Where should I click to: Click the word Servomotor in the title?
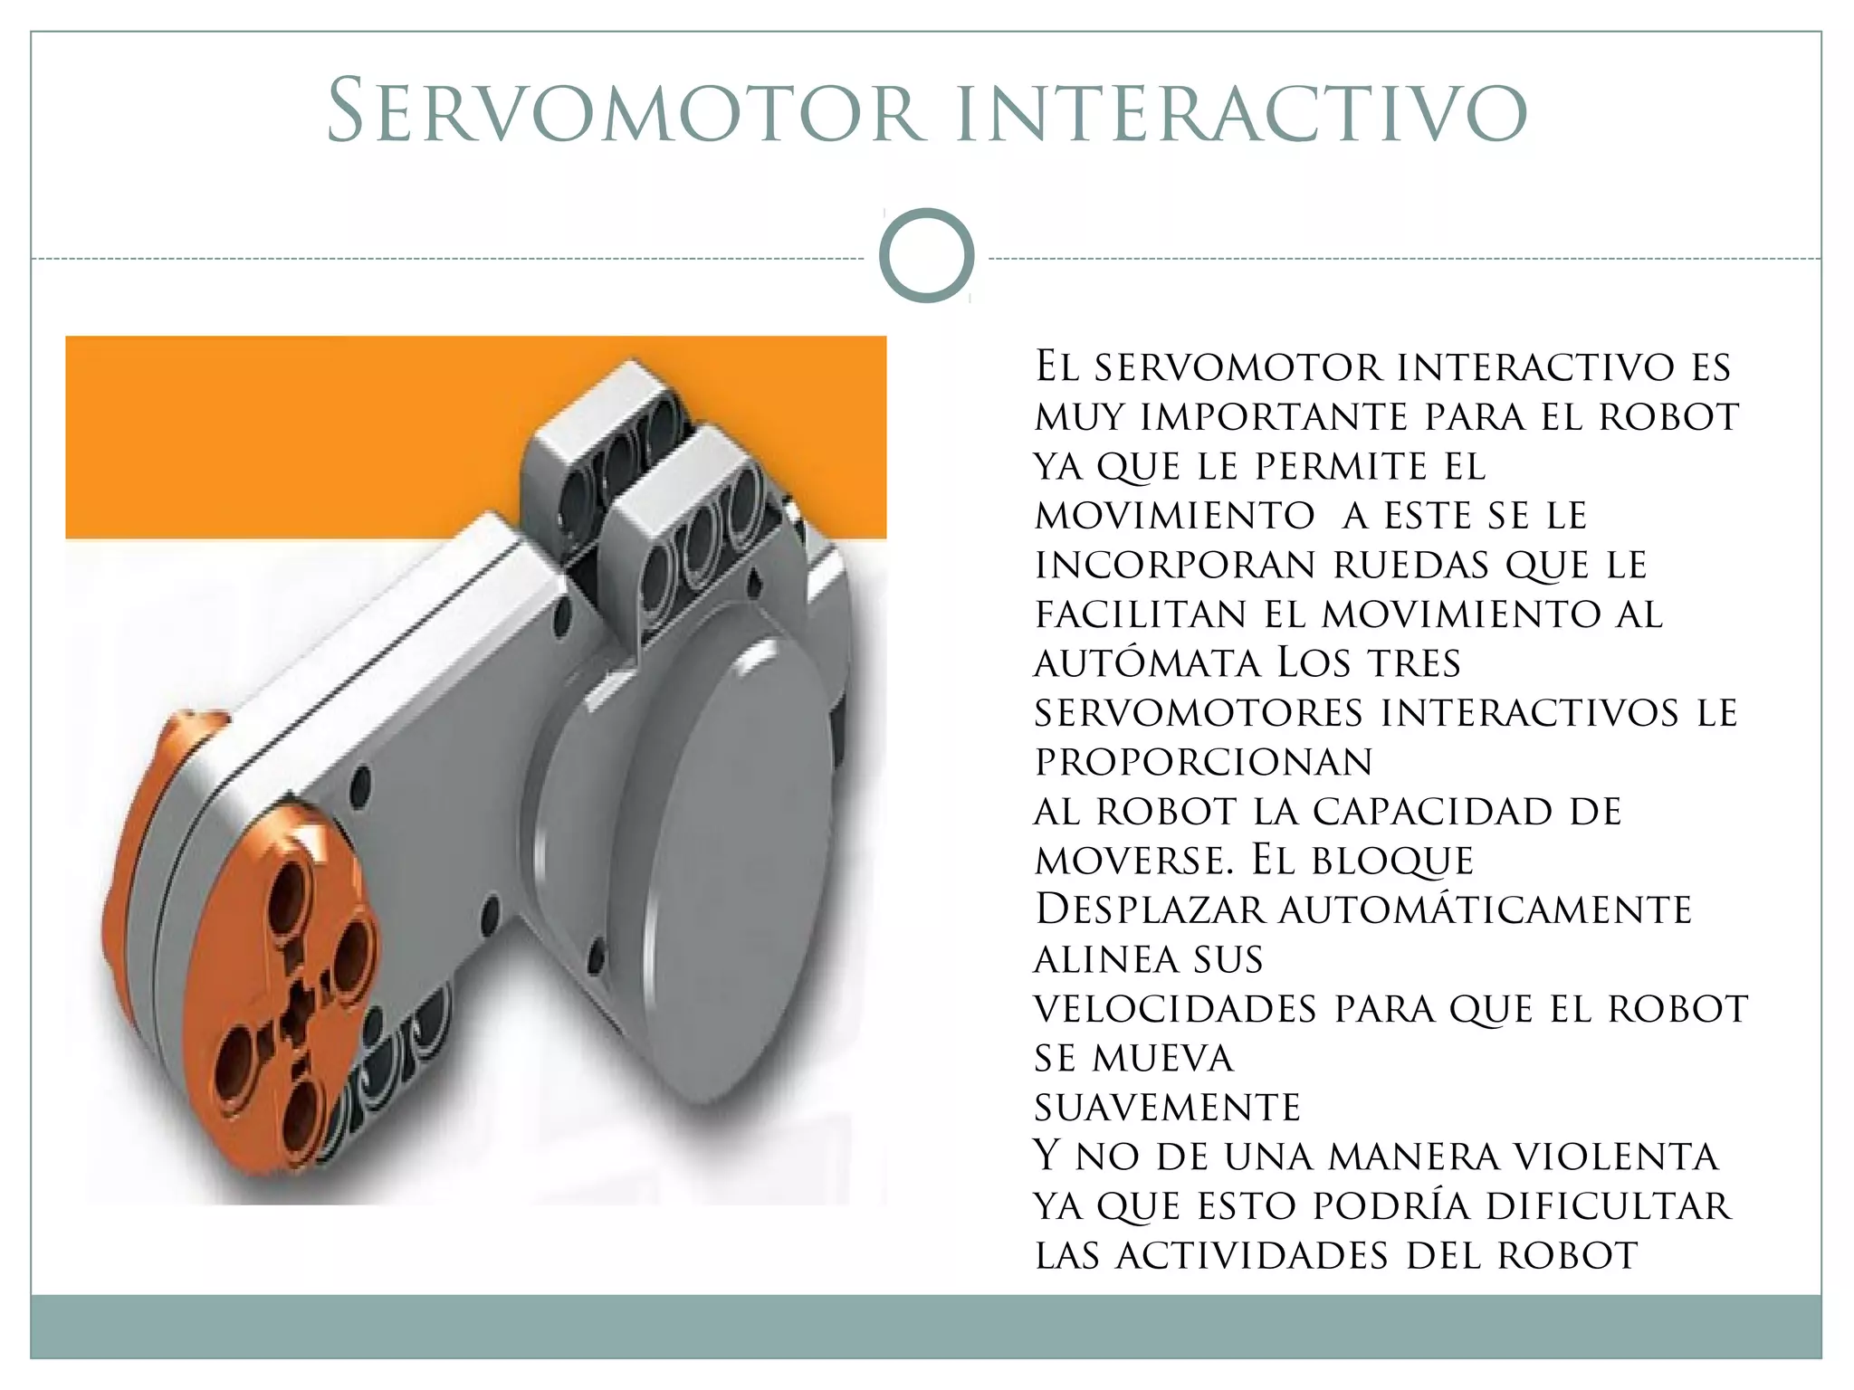coord(625,112)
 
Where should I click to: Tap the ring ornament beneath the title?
coord(926,255)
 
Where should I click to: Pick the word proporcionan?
coord(1204,762)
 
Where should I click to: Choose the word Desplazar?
coord(1150,909)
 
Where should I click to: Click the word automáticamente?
coord(1485,909)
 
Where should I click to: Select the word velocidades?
coord(1175,1009)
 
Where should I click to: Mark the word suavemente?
coord(1168,1108)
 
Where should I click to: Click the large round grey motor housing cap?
coord(715,869)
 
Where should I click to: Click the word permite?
coord(1342,467)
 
